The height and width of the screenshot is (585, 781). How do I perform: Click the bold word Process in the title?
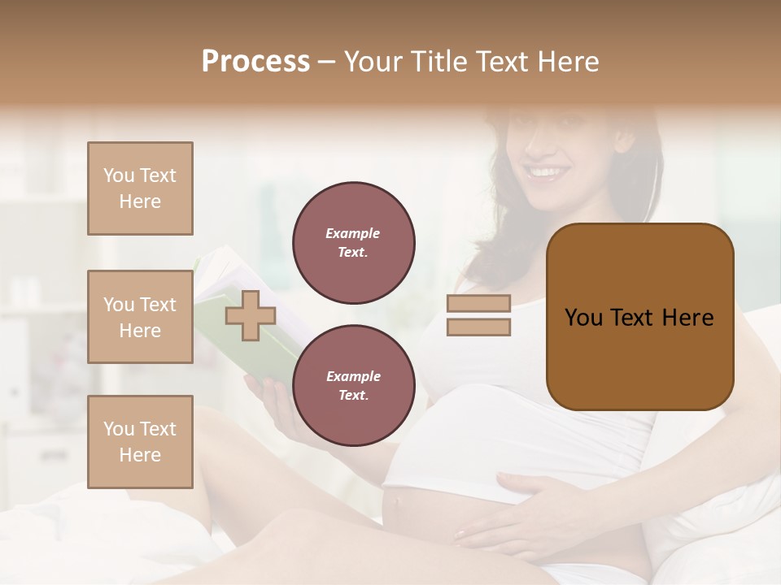pyautogui.click(x=255, y=62)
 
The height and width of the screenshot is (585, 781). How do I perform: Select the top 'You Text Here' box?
pyautogui.click(x=140, y=188)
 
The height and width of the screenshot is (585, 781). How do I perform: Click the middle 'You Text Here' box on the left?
pyautogui.click(x=140, y=317)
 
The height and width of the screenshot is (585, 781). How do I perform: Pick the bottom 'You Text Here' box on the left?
pyautogui.click(x=140, y=441)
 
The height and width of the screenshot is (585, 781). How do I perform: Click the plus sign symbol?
pyautogui.click(x=251, y=315)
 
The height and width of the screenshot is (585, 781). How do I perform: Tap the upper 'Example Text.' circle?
pyautogui.click(x=353, y=242)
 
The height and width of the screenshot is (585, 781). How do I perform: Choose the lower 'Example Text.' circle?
pyautogui.click(x=353, y=385)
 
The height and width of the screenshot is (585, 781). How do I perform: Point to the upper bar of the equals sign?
pyautogui.click(x=478, y=303)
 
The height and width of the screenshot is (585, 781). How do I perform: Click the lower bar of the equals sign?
pyautogui.click(x=478, y=327)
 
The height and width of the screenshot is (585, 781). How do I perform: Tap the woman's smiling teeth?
pyautogui.click(x=547, y=173)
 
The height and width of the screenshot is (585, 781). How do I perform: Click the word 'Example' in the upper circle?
pyautogui.click(x=353, y=233)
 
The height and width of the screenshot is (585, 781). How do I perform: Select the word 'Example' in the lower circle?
pyautogui.click(x=353, y=376)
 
